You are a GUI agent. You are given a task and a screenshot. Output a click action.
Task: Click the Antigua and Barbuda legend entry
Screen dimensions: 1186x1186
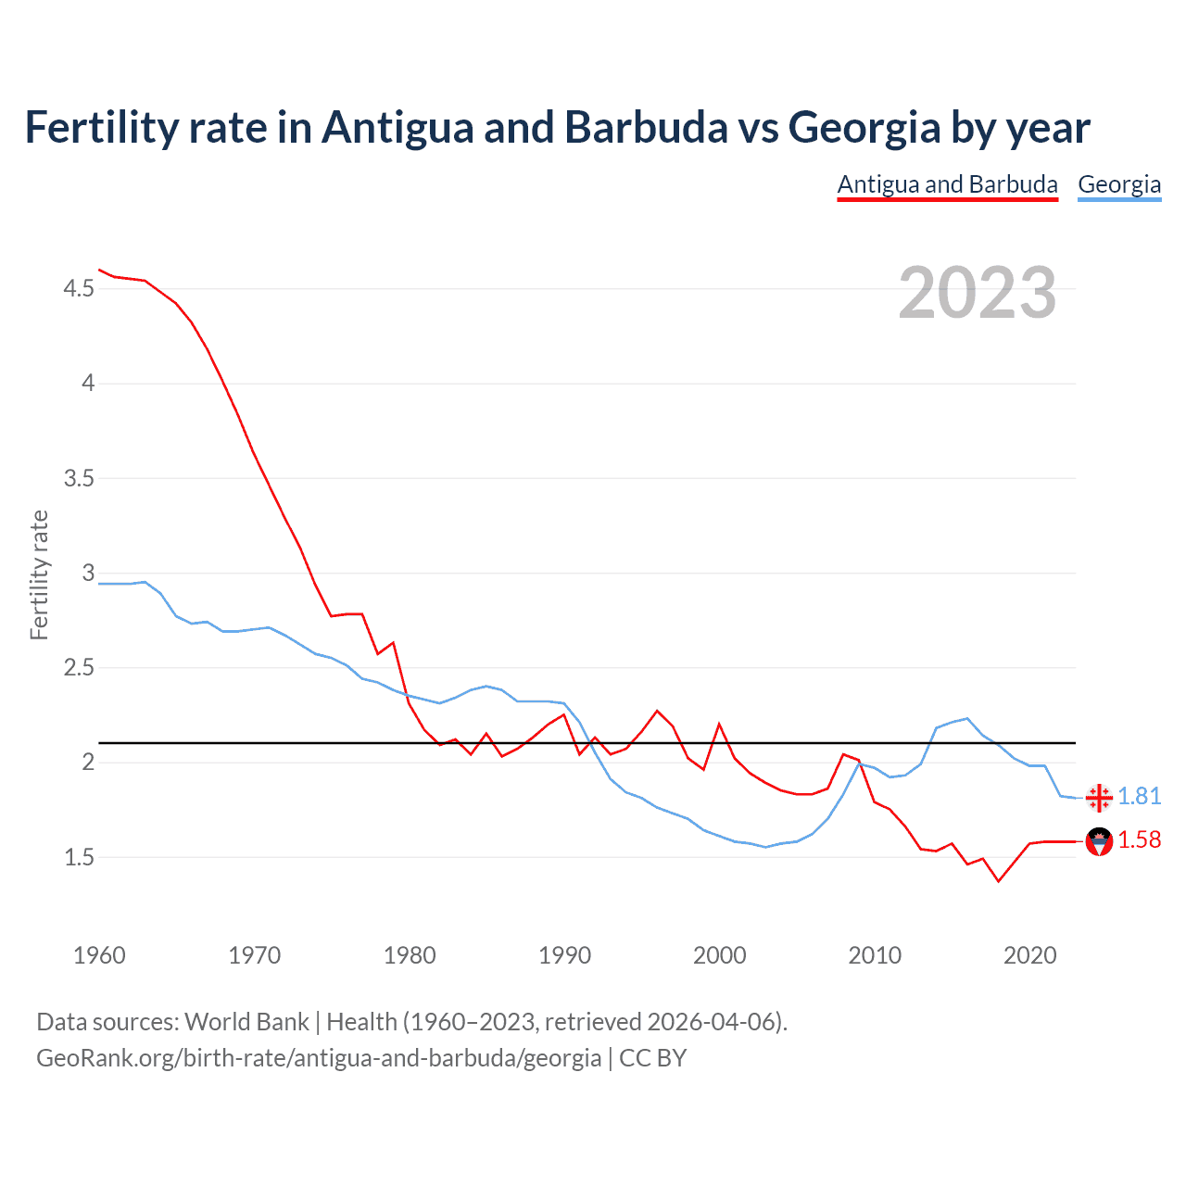pos(947,184)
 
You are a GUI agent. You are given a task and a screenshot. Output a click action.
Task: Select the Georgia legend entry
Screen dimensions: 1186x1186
pos(1119,184)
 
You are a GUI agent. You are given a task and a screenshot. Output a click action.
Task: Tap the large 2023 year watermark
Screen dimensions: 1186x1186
pos(978,293)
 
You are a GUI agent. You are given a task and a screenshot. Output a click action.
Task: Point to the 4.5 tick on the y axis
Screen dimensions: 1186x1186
pos(79,289)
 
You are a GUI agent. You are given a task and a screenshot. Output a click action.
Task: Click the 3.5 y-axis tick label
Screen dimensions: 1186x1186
pos(79,479)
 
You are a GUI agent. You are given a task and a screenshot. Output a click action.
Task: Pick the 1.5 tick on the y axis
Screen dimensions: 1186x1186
pos(79,858)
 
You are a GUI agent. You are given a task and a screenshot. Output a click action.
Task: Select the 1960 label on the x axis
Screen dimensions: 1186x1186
pos(99,955)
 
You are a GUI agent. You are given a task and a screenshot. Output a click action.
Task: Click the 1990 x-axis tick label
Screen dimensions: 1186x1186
pos(564,955)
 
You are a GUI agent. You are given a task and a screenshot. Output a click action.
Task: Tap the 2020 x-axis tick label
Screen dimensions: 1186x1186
pos(1029,955)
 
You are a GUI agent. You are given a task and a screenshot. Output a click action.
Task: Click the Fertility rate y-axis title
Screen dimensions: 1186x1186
pos(39,574)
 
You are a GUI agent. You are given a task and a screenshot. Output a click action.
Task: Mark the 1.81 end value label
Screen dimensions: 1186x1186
pos(1140,797)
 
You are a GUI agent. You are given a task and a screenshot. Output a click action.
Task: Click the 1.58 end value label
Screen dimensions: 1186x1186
pos(1140,840)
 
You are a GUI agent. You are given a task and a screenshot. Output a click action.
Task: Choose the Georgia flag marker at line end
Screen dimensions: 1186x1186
pos(1099,798)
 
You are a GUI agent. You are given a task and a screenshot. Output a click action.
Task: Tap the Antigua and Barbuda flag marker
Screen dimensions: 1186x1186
pos(1099,841)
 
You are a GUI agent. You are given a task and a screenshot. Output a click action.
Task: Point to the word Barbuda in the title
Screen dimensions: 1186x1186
pos(646,128)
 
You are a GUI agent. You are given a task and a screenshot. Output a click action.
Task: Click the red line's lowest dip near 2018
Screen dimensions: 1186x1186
pos(998,881)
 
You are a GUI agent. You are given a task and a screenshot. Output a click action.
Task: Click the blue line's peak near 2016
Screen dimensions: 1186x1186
pos(967,718)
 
